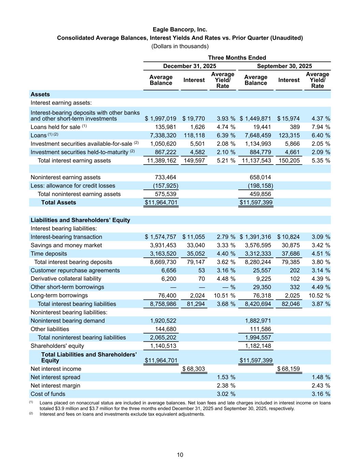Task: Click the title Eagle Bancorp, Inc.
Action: click(x=180, y=30)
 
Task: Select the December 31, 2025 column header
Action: click(x=189, y=66)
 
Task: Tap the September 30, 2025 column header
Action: click(x=284, y=66)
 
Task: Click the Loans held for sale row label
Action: click(x=55, y=127)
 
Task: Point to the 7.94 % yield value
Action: click(x=321, y=127)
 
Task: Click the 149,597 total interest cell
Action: click(x=194, y=160)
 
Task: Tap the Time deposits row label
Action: click(x=49, y=254)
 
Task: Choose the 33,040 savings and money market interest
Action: click(x=196, y=245)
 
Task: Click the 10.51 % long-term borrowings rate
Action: click(x=225, y=296)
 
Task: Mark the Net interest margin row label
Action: click(x=55, y=385)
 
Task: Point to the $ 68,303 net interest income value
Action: click(x=193, y=369)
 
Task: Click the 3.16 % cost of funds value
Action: click(x=321, y=394)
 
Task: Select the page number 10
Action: click(x=180, y=455)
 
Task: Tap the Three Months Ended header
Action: click(x=237, y=58)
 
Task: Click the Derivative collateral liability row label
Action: click(x=66, y=279)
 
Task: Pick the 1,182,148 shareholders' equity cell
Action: click(x=258, y=346)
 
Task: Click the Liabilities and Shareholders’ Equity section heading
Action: click(x=80, y=220)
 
